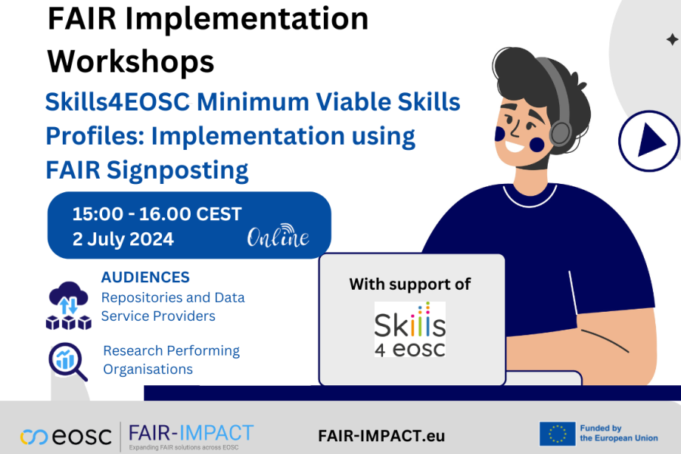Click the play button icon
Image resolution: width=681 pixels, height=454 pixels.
point(648,140)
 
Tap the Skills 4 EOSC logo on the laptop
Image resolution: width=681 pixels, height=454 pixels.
point(409,328)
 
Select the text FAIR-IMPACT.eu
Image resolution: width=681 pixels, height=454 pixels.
point(381,436)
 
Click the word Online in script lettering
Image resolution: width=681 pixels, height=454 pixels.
point(278,238)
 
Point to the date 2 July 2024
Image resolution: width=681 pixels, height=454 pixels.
point(123,239)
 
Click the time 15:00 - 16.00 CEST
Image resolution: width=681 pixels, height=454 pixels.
point(157,214)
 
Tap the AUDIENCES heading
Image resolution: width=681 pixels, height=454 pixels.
point(145,278)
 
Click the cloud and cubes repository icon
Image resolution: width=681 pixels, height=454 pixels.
point(68,305)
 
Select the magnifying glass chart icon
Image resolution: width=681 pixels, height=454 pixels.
point(67,361)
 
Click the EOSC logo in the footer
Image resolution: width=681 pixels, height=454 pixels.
point(67,436)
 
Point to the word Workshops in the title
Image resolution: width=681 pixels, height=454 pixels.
point(131,61)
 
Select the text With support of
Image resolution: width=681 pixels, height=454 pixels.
point(409,285)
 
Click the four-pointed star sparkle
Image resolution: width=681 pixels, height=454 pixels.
point(672,39)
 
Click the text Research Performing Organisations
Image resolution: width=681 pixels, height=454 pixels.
point(171,360)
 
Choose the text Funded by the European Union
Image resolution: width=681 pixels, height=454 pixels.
point(618,433)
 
